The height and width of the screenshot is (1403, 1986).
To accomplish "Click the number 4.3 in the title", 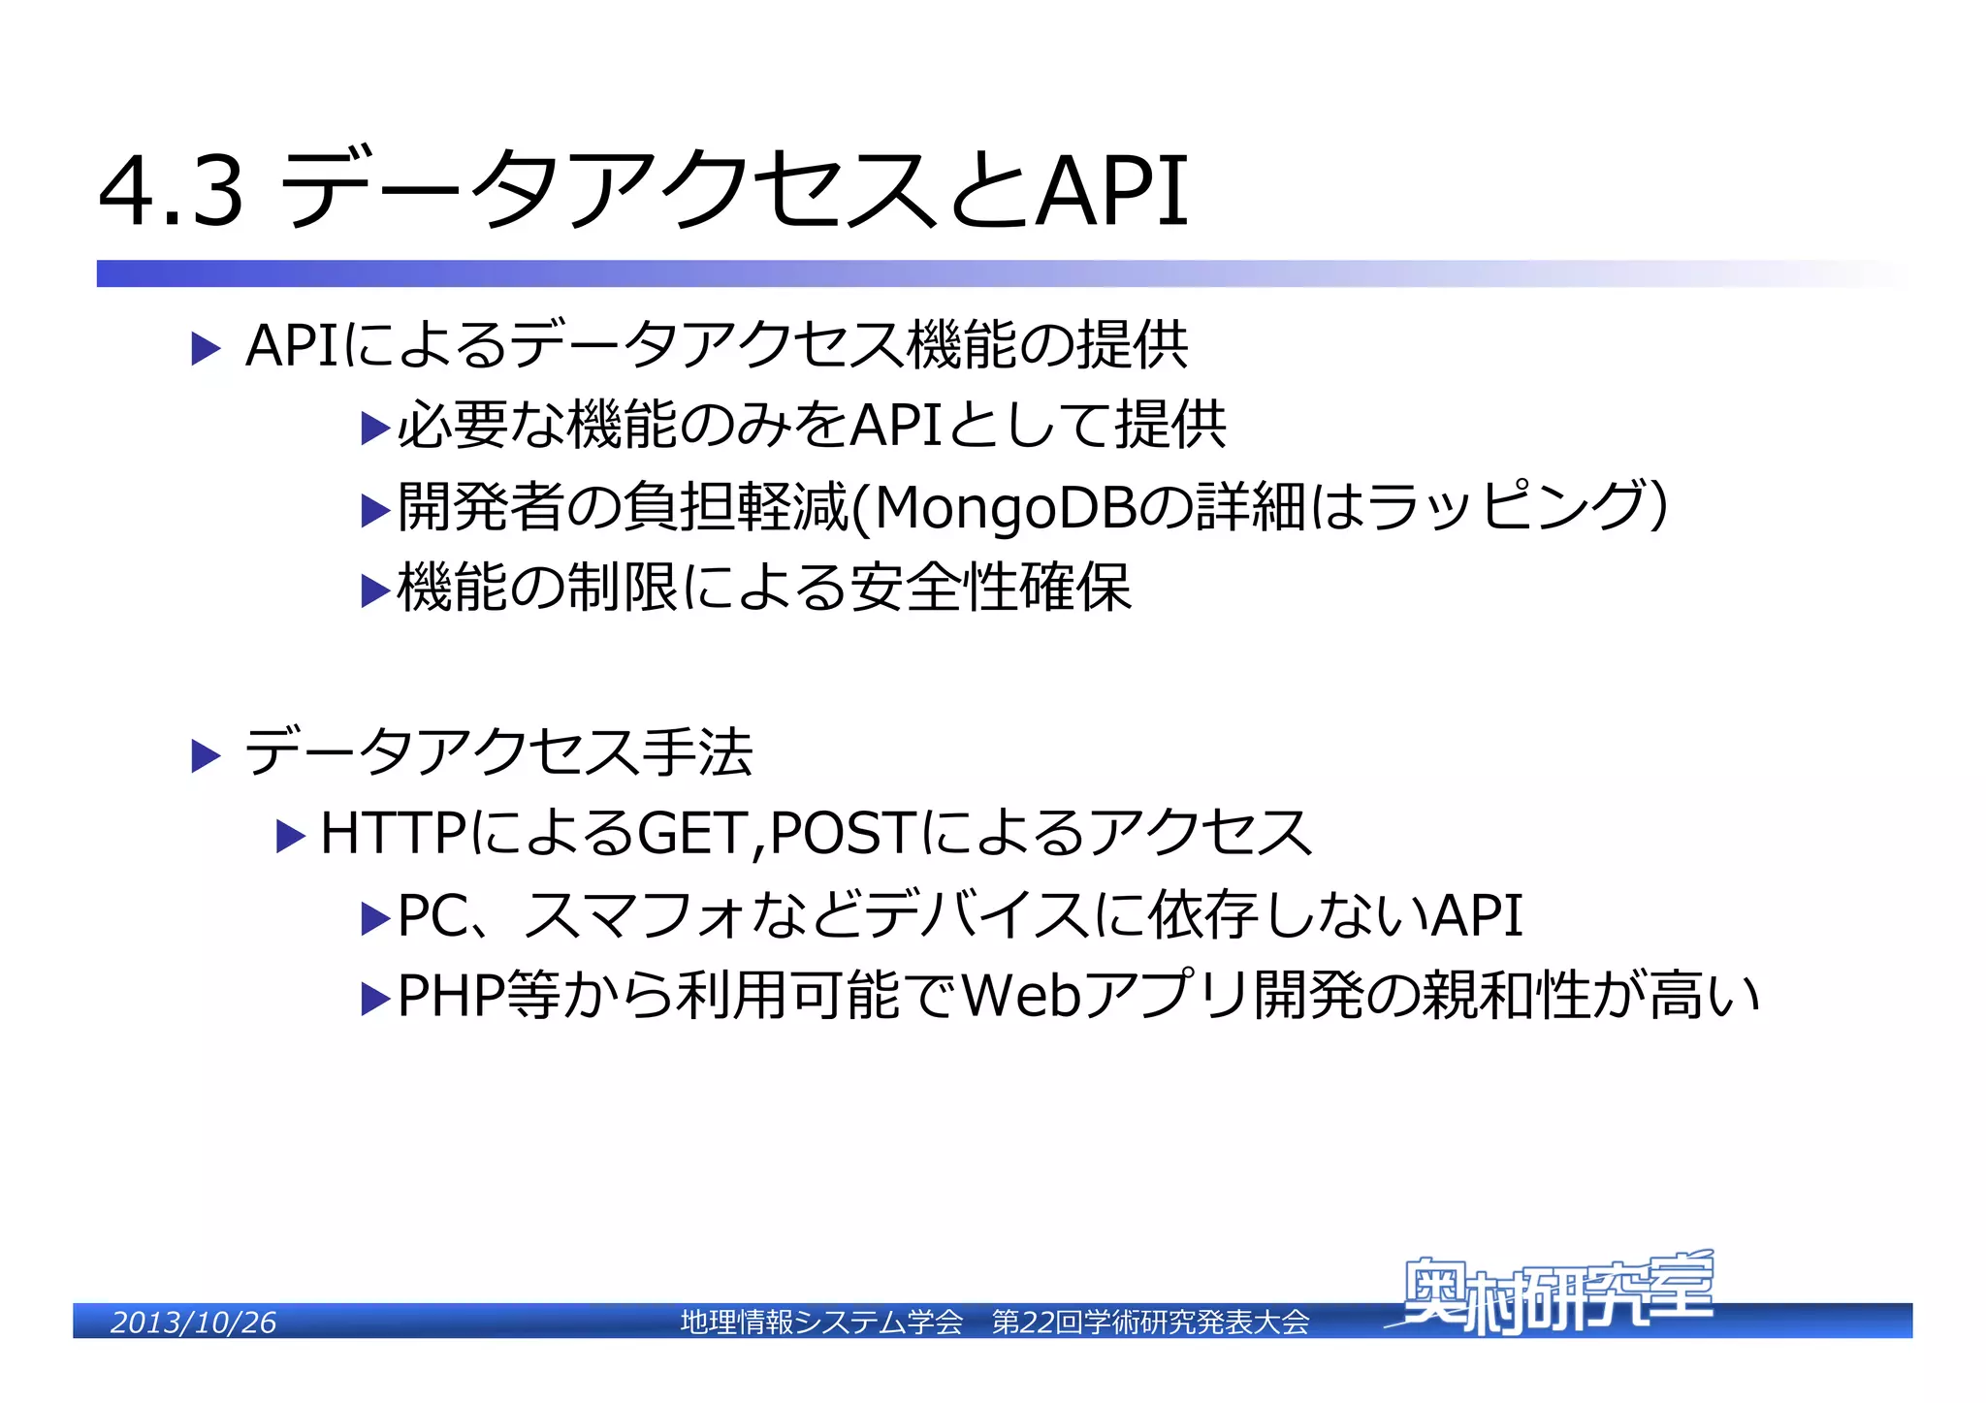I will (171, 192).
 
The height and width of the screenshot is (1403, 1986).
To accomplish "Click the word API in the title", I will (1112, 192).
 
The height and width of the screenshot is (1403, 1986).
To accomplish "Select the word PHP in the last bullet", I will (451, 997).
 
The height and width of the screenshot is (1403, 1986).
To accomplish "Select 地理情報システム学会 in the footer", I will (821, 1323).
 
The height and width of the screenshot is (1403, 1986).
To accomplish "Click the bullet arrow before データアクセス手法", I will (206, 755).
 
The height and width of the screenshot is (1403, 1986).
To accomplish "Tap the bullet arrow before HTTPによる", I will (290, 836).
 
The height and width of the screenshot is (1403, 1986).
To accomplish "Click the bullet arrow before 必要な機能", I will (374, 428).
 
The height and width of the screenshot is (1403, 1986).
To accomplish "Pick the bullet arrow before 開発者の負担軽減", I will (374, 510).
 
